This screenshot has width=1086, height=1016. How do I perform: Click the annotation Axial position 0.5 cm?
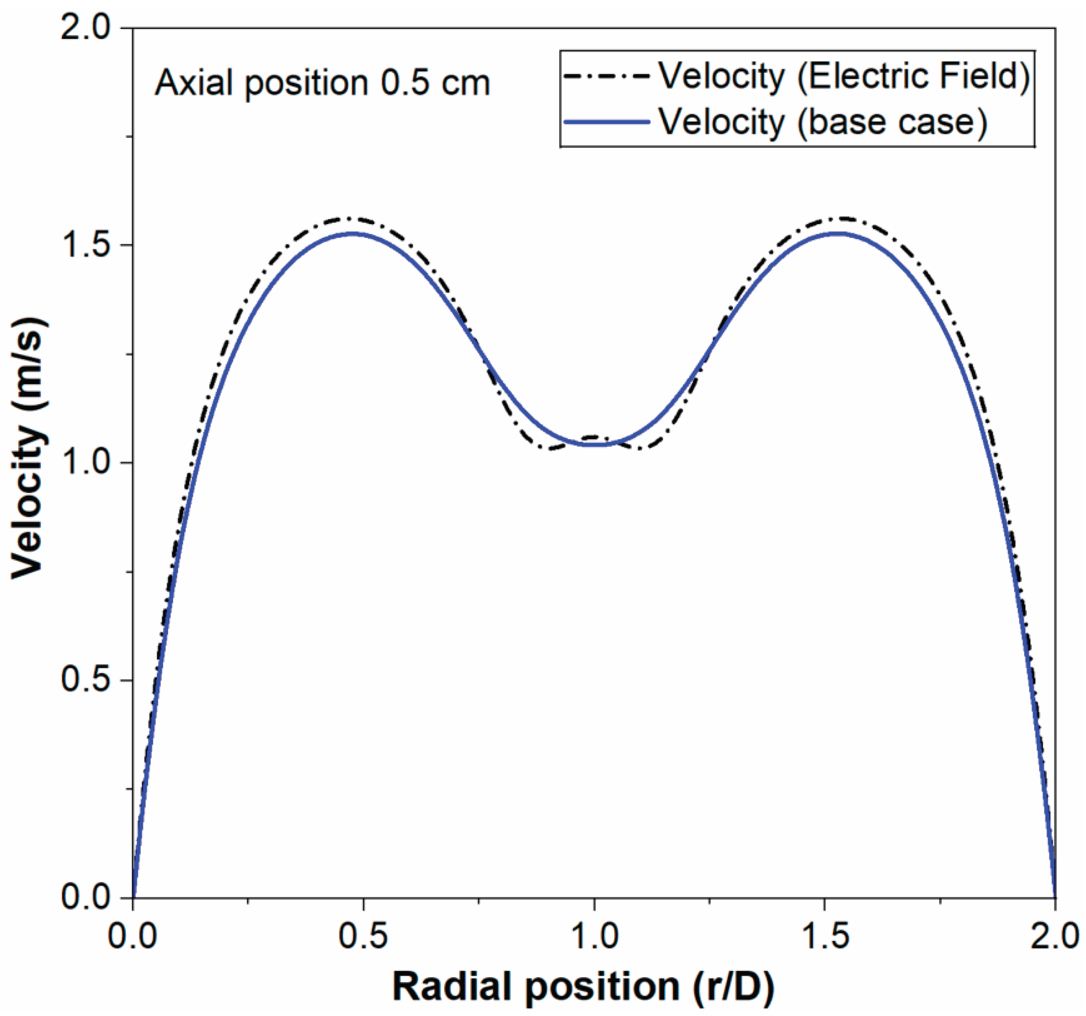322,84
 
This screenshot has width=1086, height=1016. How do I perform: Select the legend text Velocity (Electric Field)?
844,76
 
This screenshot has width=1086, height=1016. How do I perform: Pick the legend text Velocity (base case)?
823,121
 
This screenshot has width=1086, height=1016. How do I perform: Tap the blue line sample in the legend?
606,121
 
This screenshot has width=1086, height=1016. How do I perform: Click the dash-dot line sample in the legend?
606,76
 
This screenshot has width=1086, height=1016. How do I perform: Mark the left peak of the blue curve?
353,234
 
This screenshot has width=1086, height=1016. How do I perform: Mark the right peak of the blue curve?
836,234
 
